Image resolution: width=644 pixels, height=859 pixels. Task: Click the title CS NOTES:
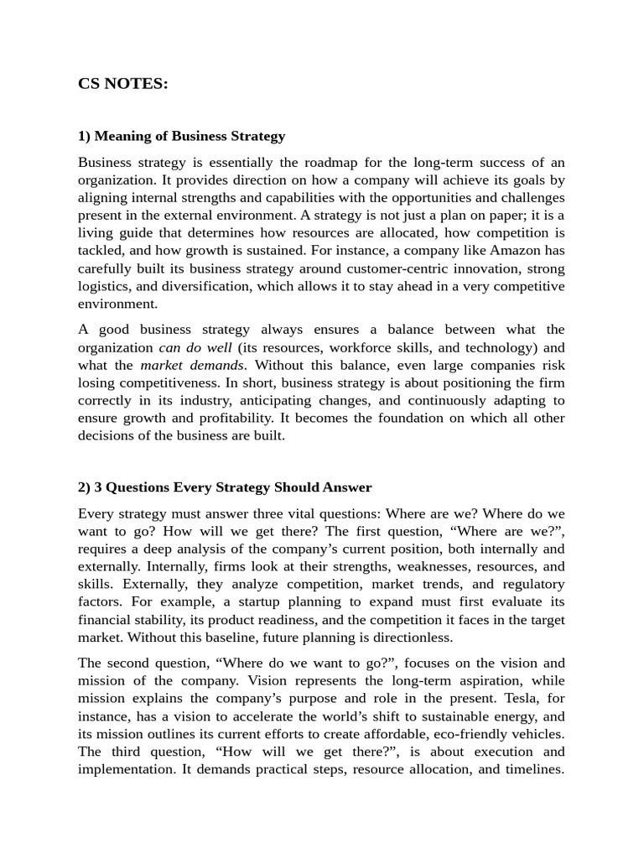(x=122, y=84)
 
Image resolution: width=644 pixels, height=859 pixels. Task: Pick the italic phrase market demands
(x=192, y=365)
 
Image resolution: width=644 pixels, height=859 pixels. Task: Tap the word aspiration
(x=475, y=681)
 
